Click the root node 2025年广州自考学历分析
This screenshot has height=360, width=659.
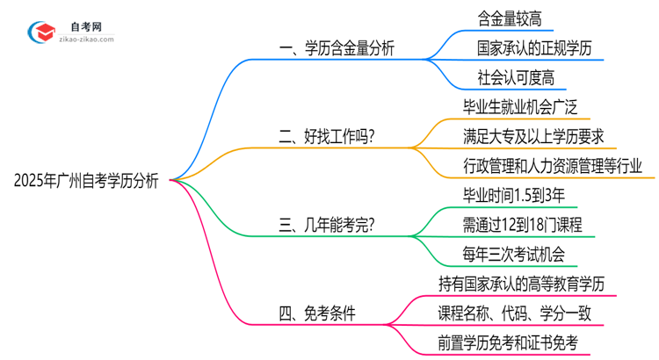86,181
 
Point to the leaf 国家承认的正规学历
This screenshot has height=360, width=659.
536,48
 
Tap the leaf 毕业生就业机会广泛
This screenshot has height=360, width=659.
526,107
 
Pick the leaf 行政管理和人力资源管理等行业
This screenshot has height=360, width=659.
552,166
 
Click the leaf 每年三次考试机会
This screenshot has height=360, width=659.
519,255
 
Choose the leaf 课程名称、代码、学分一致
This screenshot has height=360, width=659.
520,313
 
